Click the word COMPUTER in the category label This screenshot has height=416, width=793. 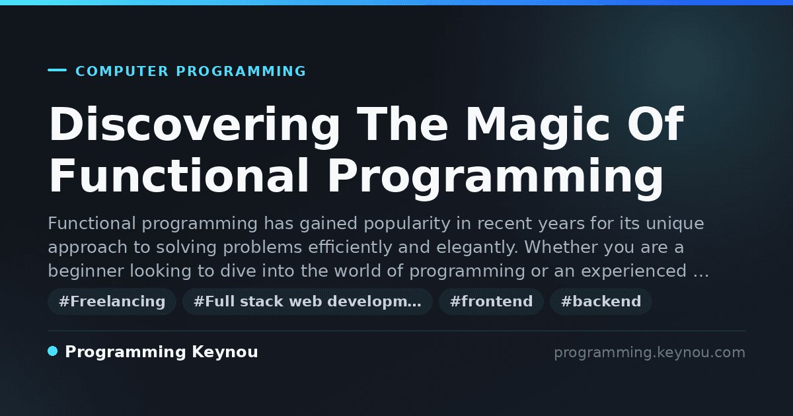click(122, 71)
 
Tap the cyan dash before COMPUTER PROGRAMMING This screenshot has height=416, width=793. click(57, 70)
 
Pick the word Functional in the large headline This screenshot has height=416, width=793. click(179, 176)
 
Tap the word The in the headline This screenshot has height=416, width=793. click(402, 124)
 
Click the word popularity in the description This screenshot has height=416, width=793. click(407, 224)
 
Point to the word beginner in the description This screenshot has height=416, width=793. click(86, 271)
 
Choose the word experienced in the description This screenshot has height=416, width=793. click(634, 271)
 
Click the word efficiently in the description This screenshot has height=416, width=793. click(350, 248)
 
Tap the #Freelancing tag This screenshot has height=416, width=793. click(112, 301)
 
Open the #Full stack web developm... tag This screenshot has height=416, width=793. click(307, 301)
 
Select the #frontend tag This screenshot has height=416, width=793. click(491, 301)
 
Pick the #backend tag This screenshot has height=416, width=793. click(601, 301)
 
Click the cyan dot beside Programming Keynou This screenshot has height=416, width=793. click(52, 351)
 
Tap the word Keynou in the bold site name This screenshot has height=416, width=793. click(225, 353)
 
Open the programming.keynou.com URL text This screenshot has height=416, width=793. click(650, 353)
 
